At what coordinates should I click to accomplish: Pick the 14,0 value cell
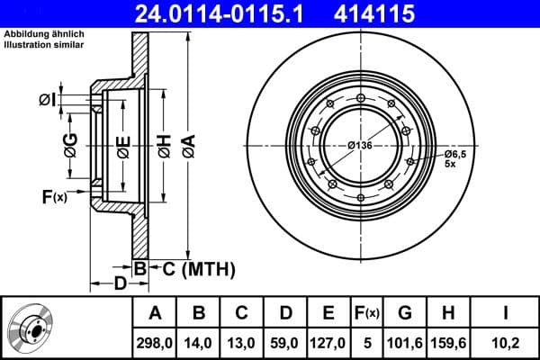coord(201,342)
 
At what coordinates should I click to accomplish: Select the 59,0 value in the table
coord(286,342)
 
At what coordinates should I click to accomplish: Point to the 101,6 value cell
coord(405,342)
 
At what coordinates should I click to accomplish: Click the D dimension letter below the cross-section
coord(119,285)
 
